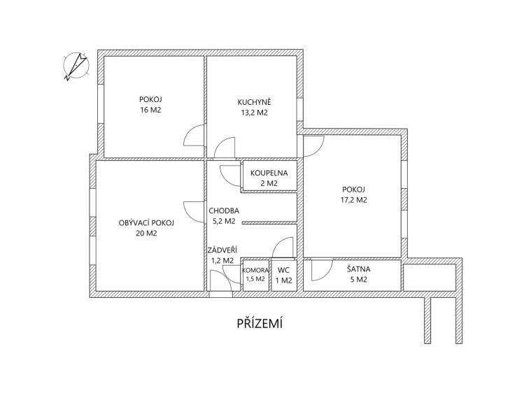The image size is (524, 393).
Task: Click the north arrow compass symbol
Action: pos(76,66)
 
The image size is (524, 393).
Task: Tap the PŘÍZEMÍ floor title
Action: pos(260,324)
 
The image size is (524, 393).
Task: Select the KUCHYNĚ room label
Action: pos(255,102)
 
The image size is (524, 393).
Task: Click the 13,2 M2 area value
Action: pos(255,113)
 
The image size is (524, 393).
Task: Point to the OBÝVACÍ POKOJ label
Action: pos(146,223)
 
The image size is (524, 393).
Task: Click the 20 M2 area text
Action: pos(146,234)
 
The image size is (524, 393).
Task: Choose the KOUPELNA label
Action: pos(269,173)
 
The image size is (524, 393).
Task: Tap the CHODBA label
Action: pos(224,210)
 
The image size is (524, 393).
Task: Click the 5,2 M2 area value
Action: pos(224,221)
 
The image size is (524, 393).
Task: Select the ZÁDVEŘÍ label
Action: pos(222,250)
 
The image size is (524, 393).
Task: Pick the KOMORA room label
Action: pos(255,271)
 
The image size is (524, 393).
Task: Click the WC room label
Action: pos(283,271)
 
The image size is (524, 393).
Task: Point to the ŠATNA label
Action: pos(358,269)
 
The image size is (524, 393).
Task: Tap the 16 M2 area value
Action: pos(150,110)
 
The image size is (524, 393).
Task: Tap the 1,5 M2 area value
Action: pos(255,279)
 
